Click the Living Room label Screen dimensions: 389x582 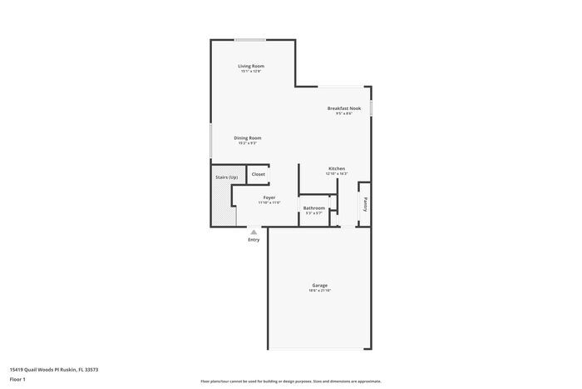[x=250, y=66]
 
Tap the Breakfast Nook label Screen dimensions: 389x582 [x=343, y=108]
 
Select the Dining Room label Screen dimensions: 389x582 [x=247, y=137]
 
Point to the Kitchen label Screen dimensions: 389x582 [x=337, y=168]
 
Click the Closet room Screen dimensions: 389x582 [x=259, y=174]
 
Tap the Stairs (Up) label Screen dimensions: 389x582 [x=226, y=177]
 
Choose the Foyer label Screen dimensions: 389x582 [x=269, y=197]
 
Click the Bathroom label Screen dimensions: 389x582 [x=313, y=207]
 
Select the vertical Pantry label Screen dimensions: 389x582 [x=364, y=204]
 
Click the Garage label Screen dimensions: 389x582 [x=319, y=285]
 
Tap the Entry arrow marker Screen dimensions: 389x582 [x=254, y=231]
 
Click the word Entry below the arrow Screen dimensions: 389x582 [x=254, y=240]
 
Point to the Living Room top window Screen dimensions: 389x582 [x=250, y=39]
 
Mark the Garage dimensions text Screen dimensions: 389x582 [x=319, y=291]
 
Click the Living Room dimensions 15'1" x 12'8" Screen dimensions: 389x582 [x=250, y=72]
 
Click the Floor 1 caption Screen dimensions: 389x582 [x=17, y=379]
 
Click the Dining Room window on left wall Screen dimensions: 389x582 [x=210, y=139]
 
